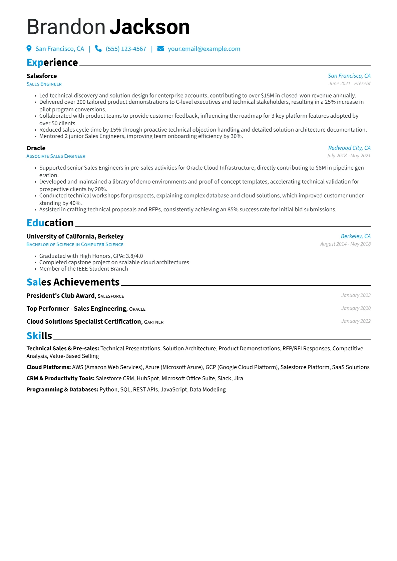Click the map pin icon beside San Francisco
coord(29,49)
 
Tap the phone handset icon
coord(98,49)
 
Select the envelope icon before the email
coord(160,49)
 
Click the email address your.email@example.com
coord(204,49)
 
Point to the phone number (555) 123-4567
coord(126,49)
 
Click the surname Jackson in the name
coord(149,27)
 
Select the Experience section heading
coord(52,62)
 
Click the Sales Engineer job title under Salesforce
coord(44,84)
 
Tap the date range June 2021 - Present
coord(349,84)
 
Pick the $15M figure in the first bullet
coord(267,96)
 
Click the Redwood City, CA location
coord(349,148)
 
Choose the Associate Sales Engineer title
coord(56,156)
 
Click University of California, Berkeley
coord(75,236)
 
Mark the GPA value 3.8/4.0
coord(134,256)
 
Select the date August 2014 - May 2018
coord(345,244)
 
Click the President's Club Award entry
coord(60,296)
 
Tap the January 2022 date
coord(356,321)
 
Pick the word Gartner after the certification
coord(154,322)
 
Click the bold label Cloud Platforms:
coord(49,367)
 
